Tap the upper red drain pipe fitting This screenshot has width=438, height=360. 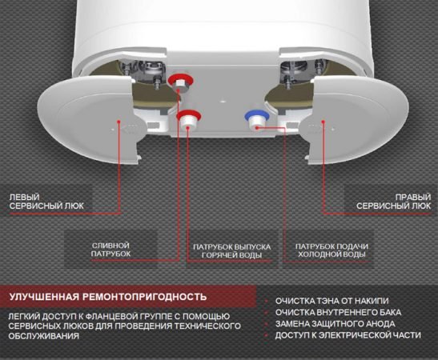tap(180, 82)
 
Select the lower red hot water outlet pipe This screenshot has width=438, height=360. tap(189, 119)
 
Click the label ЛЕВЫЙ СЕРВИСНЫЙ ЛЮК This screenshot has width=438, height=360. tap(46, 202)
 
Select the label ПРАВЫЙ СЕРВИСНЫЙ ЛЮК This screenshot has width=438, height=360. tap(394, 202)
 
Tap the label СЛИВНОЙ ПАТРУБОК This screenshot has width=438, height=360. tap(111, 250)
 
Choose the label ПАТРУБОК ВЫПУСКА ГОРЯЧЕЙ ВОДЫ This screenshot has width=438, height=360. tap(232, 251)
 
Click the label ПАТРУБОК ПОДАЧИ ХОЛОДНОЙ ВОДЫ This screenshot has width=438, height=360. tap(332, 250)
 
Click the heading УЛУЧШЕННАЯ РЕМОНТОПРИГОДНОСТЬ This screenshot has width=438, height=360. tap(108, 296)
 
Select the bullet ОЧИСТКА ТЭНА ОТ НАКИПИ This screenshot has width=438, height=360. tap(332, 301)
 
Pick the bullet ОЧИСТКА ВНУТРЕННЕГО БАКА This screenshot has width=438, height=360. tap(338, 312)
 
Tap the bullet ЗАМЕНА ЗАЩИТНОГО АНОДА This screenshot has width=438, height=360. tap(336, 324)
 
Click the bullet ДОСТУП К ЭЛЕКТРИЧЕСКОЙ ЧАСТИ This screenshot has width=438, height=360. tap(348, 335)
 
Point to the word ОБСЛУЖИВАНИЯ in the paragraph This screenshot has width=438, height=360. tap(44, 336)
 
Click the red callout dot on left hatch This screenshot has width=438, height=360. tap(119, 122)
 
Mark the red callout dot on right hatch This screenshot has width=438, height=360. tap(323, 122)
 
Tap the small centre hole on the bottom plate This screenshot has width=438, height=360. tap(223, 100)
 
